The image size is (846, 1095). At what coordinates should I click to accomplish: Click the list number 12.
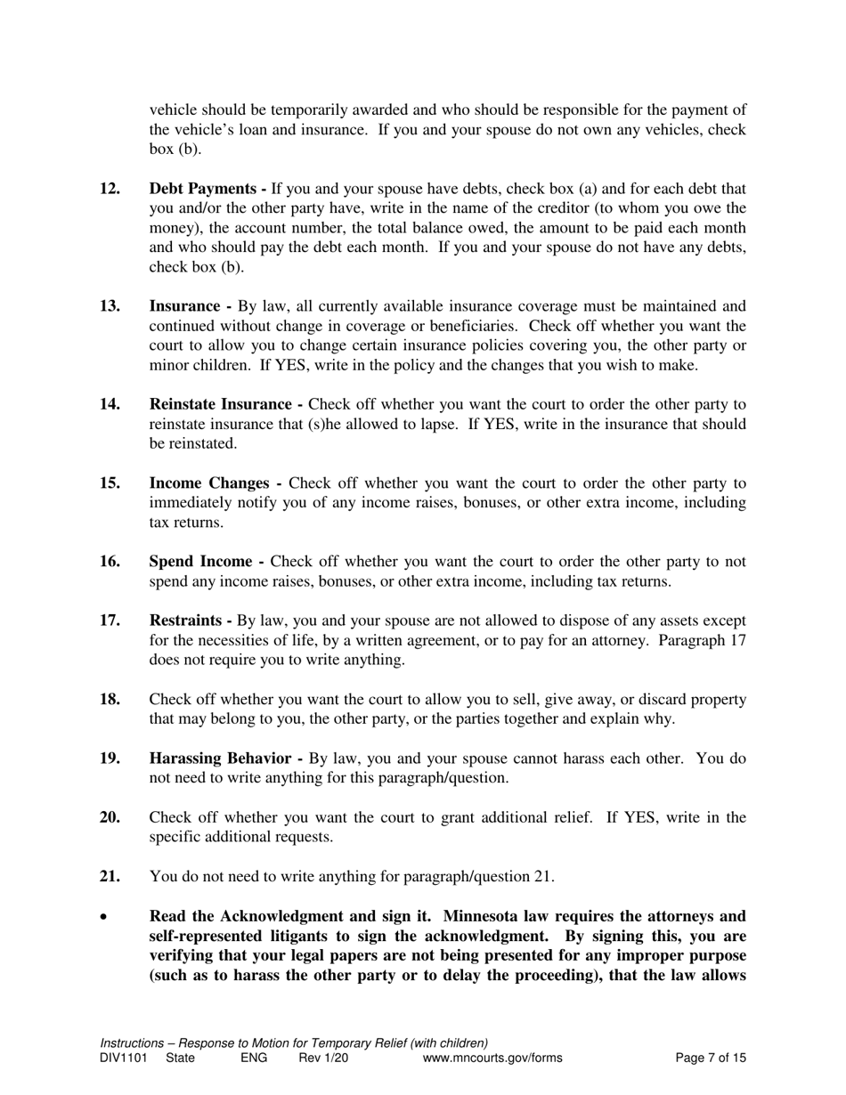[110, 189]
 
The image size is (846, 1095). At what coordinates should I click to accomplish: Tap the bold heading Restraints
[186, 620]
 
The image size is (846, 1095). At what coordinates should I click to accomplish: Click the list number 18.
[110, 700]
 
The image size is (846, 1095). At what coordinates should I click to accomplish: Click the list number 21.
[110, 877]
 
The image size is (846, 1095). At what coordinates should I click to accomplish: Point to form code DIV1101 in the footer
[123, 1058]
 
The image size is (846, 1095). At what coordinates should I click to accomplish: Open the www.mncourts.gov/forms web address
[492, 1058]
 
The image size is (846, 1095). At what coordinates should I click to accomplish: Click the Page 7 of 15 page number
[711, 1058]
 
